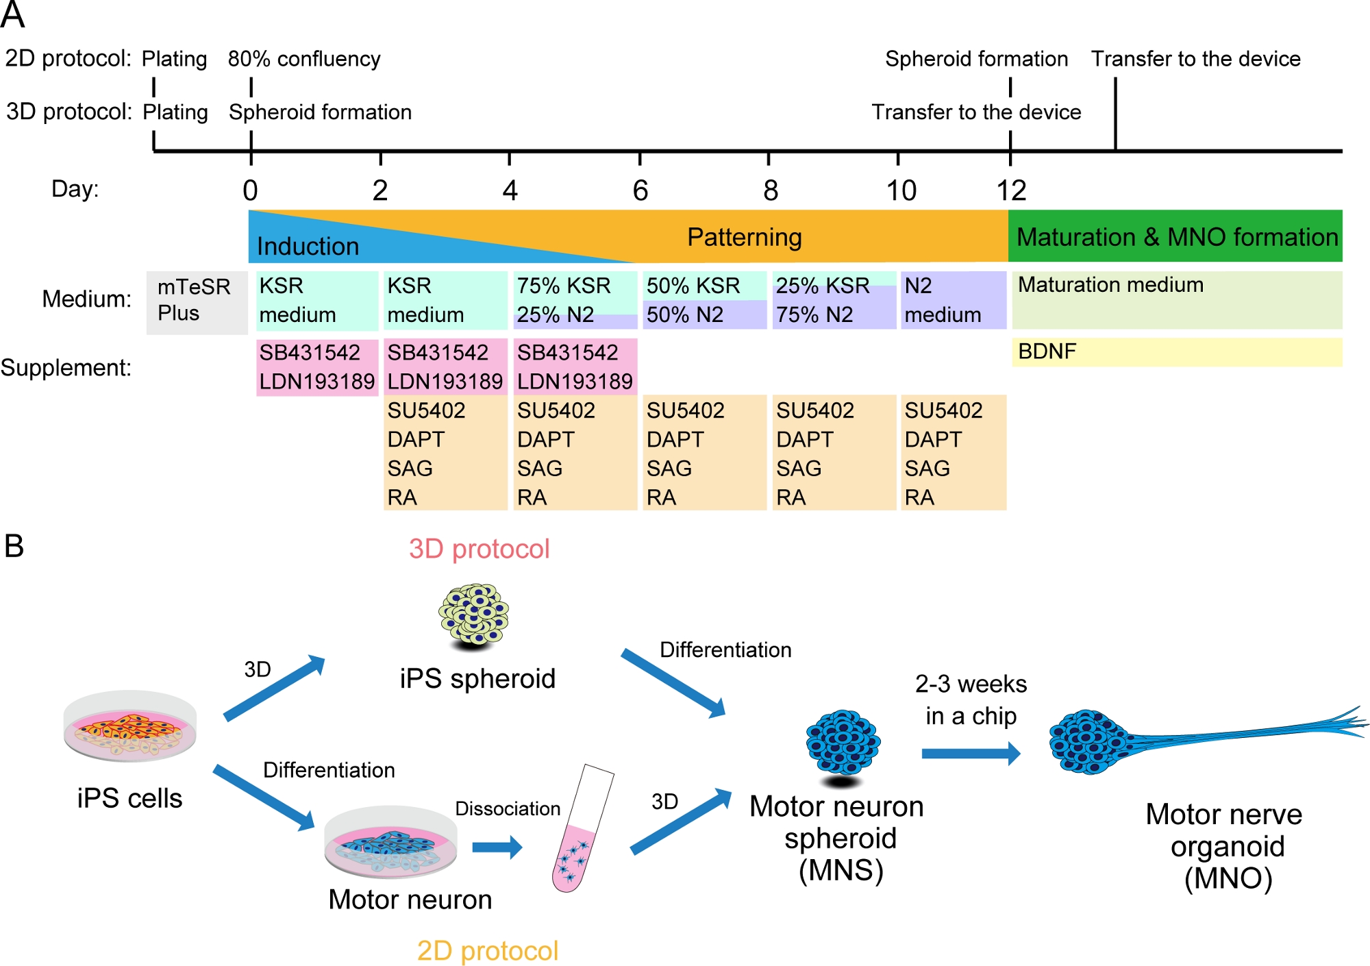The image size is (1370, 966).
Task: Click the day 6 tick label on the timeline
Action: pos(640,190)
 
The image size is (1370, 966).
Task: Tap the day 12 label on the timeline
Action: pos(1011,190)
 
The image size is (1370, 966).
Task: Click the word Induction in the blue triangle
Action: pos(308,246)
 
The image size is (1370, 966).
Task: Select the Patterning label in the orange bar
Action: pos(744,237)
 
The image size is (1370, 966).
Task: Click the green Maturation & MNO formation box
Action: pos(1175,236)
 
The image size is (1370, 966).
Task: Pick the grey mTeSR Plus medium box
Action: pos(197,302)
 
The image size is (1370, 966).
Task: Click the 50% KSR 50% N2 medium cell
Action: pos(703,300)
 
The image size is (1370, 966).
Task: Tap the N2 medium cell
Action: pos(952,300)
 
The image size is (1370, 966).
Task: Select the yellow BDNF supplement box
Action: pos(1175,352)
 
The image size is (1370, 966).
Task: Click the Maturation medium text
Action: pos(1110,284)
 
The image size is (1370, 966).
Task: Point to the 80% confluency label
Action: pos(304,59)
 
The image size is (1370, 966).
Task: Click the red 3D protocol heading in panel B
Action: pos(479,549)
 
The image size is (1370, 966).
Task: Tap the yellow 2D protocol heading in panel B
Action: pos(487,951)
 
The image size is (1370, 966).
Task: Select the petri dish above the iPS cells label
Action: pos(130,726)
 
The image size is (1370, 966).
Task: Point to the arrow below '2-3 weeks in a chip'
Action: pos(970,754)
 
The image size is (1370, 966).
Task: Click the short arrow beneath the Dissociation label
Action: pos(497,847)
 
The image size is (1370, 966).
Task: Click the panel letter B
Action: pos(14,547)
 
